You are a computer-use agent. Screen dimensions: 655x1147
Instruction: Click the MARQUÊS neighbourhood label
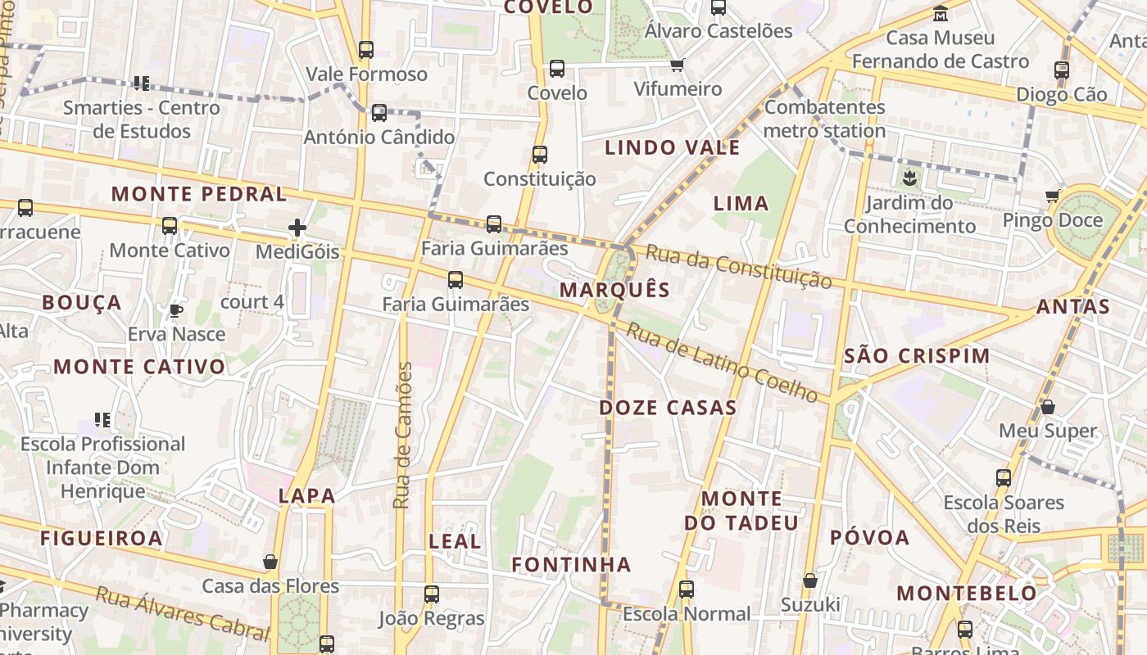(x=614, y=290)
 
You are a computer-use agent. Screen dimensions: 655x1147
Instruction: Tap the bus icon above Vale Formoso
(x=366, y=50)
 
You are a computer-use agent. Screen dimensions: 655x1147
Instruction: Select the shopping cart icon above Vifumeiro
(x=677, y=65)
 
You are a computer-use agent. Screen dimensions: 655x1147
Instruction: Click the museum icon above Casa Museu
(x=941, y=14)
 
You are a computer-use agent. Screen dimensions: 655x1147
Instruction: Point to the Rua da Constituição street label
(x=737, y=266)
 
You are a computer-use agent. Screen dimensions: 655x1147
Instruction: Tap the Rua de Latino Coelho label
(x=722, y=363)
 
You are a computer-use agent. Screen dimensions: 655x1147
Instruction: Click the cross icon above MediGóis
(x=297, y=228)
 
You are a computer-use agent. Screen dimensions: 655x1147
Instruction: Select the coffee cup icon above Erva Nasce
(x=175, y=310)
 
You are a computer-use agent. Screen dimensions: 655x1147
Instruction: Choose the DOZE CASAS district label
(x=668, y=408)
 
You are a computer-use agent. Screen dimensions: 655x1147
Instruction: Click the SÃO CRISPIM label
(x=917, y=356)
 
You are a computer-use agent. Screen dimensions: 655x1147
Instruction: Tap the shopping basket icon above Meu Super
(x=1047, y=407)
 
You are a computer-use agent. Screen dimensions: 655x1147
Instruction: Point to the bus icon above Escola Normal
(x=687, y=589)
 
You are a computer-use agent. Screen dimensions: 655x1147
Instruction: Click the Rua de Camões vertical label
(x=402, y=435)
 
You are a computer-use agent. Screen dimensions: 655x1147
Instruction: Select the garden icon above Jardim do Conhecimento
(x=909, y=177)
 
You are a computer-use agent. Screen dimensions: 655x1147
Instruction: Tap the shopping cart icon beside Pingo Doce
(x=1052, y=196)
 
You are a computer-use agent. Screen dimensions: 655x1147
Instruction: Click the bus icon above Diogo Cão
(x=1062, y=70)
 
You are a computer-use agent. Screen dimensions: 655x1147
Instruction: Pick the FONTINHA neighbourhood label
(x=571, y=564)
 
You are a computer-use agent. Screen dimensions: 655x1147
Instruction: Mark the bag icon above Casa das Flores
(x=270, y=562)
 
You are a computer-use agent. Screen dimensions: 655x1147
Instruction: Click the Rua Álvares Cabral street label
(x=182, y=613)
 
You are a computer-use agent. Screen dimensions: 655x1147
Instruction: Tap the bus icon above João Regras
(x=432, y=594)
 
